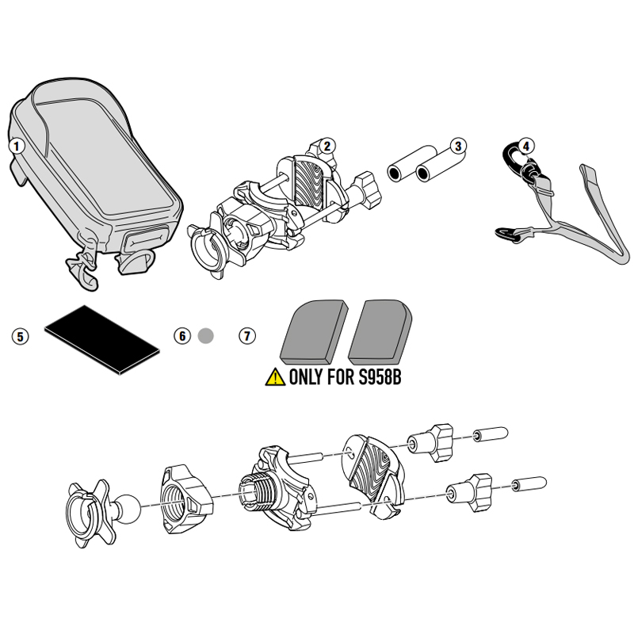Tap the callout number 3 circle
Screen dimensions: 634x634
459,145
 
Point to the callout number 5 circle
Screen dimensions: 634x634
21,336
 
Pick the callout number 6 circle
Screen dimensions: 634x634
182,336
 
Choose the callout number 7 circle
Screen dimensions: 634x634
247,336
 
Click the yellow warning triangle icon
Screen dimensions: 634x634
275,377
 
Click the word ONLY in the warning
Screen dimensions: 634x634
305,378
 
